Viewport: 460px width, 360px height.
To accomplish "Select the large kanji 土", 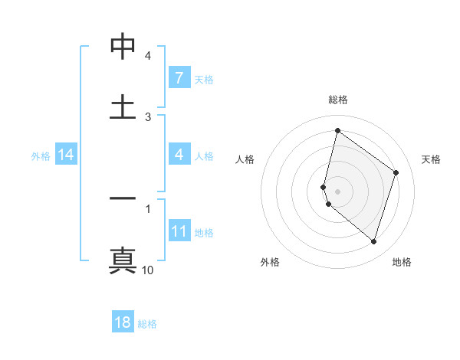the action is tap(123, 107).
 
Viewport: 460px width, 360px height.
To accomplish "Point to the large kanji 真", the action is tap(123, 260).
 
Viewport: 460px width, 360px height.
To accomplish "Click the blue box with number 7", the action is tap(179, 78).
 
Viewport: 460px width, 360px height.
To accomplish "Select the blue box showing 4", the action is tap(179, 155).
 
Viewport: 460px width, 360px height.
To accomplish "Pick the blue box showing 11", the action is tap(179, 231).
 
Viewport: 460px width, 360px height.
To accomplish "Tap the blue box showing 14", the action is tap(66, 155).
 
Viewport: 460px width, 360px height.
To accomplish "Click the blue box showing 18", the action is tap(123, 322).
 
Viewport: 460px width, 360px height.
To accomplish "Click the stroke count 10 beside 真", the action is tap(148, 270).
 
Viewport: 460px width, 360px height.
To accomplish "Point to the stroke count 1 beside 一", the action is tap(148, 208).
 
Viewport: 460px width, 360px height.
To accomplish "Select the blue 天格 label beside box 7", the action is tap(203, 79).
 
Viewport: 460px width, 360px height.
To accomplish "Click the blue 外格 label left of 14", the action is tap(41, 155).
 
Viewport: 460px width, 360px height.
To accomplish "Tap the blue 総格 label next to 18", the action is tap(147, 323).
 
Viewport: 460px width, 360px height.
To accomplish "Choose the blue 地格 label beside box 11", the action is tap(204, 232).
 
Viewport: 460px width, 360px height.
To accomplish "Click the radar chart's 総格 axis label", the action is tap(338, 100).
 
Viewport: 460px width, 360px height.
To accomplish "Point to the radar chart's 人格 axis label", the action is tap(245, 159).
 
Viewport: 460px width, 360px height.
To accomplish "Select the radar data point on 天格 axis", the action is tap(396, 172).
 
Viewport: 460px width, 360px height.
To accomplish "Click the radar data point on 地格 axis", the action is tap(373, 242).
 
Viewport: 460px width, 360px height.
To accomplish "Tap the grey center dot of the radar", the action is tap(338, 191).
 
